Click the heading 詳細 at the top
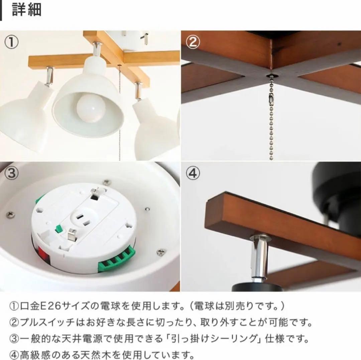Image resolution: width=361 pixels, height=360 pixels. pyautogui.click(x=27, y=10)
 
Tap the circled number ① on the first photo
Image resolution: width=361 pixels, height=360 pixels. pyautogui.click(x=11, y=42)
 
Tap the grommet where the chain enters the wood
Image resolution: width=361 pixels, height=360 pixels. pyautogui.click(x=270, y=77)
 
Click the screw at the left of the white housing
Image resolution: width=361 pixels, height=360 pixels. pyautogui.click(x=11, y=213)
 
